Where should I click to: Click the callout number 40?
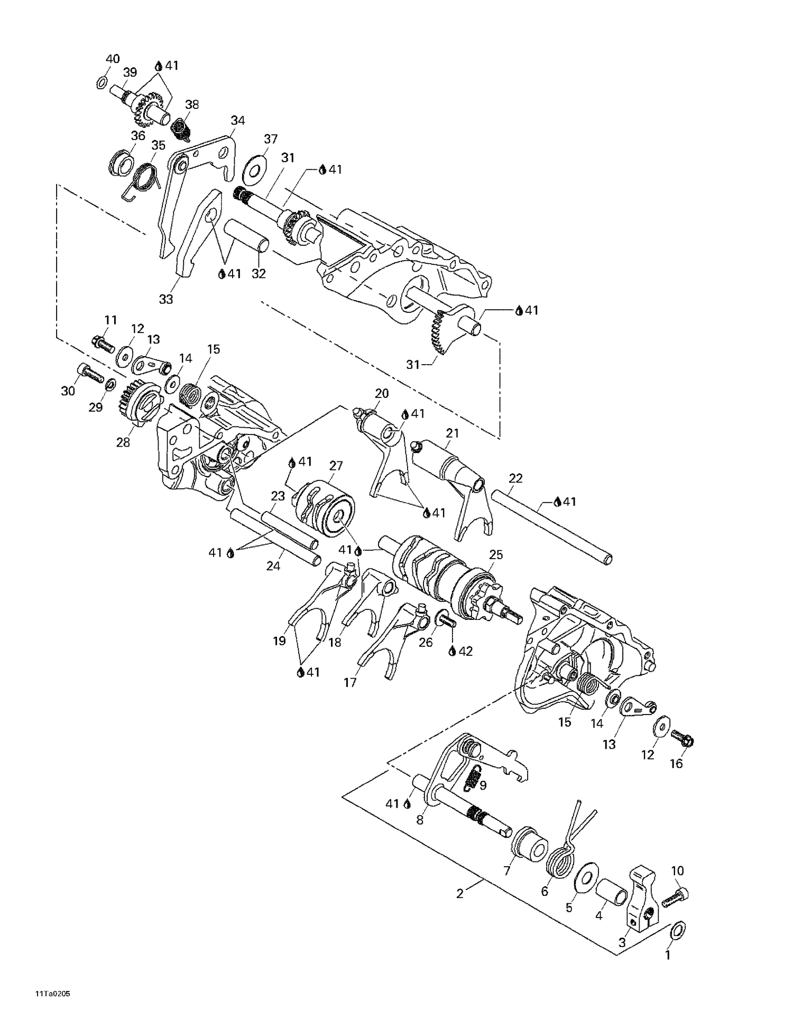pos(113,59)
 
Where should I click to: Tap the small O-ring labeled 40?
pos(103,82)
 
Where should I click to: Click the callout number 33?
pos(166,299)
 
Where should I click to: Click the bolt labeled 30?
pos(90,374)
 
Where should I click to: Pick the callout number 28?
pos(123,442)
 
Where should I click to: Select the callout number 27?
pos(336,466)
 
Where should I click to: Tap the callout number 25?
pos(496,554)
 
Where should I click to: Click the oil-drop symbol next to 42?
pos(452,652)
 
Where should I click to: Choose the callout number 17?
pos(350,682)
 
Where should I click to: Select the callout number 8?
pos(420,820)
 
